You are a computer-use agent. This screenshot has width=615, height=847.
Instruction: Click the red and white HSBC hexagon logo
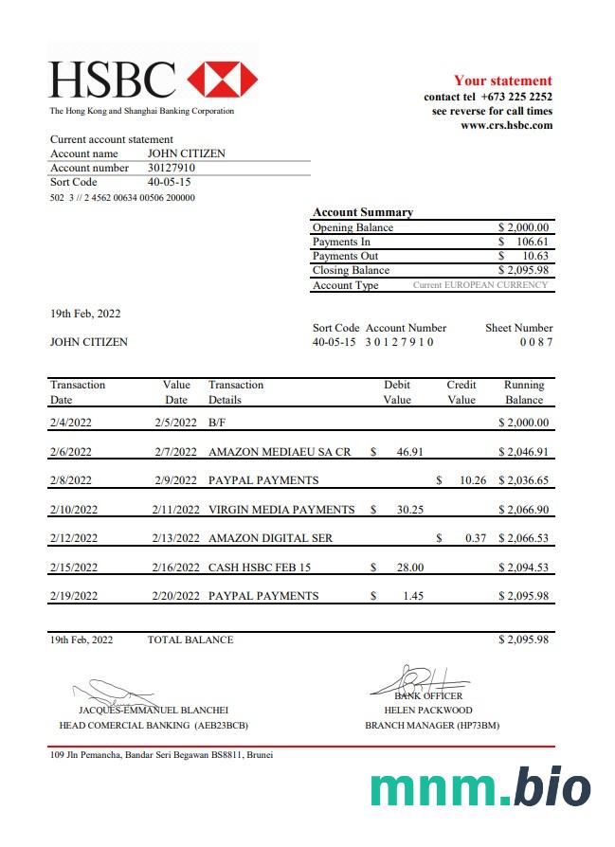[x=222, y=80]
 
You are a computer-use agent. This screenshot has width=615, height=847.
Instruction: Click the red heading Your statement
[x=502, y=81]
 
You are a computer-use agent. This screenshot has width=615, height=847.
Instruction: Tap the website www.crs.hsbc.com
[x=506, y=125]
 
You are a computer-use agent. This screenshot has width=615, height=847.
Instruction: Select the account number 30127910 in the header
[x=172, y=168]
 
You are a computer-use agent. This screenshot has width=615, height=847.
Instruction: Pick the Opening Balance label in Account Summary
[x=353, y=227]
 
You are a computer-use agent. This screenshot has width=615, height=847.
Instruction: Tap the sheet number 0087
[x=535, y=342]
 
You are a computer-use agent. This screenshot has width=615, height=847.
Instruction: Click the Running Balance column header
[x=524, y=392]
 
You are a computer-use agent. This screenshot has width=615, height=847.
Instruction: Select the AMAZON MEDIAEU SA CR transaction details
[x=280, y=452]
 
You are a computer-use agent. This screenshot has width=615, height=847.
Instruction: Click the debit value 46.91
[x=409, y=452]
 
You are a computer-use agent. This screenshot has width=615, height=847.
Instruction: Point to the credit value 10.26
[x=472, y=480]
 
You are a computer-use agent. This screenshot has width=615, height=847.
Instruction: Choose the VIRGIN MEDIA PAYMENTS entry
[x=281, y=510]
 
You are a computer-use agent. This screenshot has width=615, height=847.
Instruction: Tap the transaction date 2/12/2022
[x=74, y=538]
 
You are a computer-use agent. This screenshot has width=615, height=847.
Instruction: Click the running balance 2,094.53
[x=524, y=568]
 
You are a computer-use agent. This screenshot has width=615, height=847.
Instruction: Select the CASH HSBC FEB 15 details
[x=260, y=568]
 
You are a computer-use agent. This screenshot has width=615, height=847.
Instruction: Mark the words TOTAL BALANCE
[x=190, y=640]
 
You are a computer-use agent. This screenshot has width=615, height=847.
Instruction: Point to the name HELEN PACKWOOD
[x=427, y=710]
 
